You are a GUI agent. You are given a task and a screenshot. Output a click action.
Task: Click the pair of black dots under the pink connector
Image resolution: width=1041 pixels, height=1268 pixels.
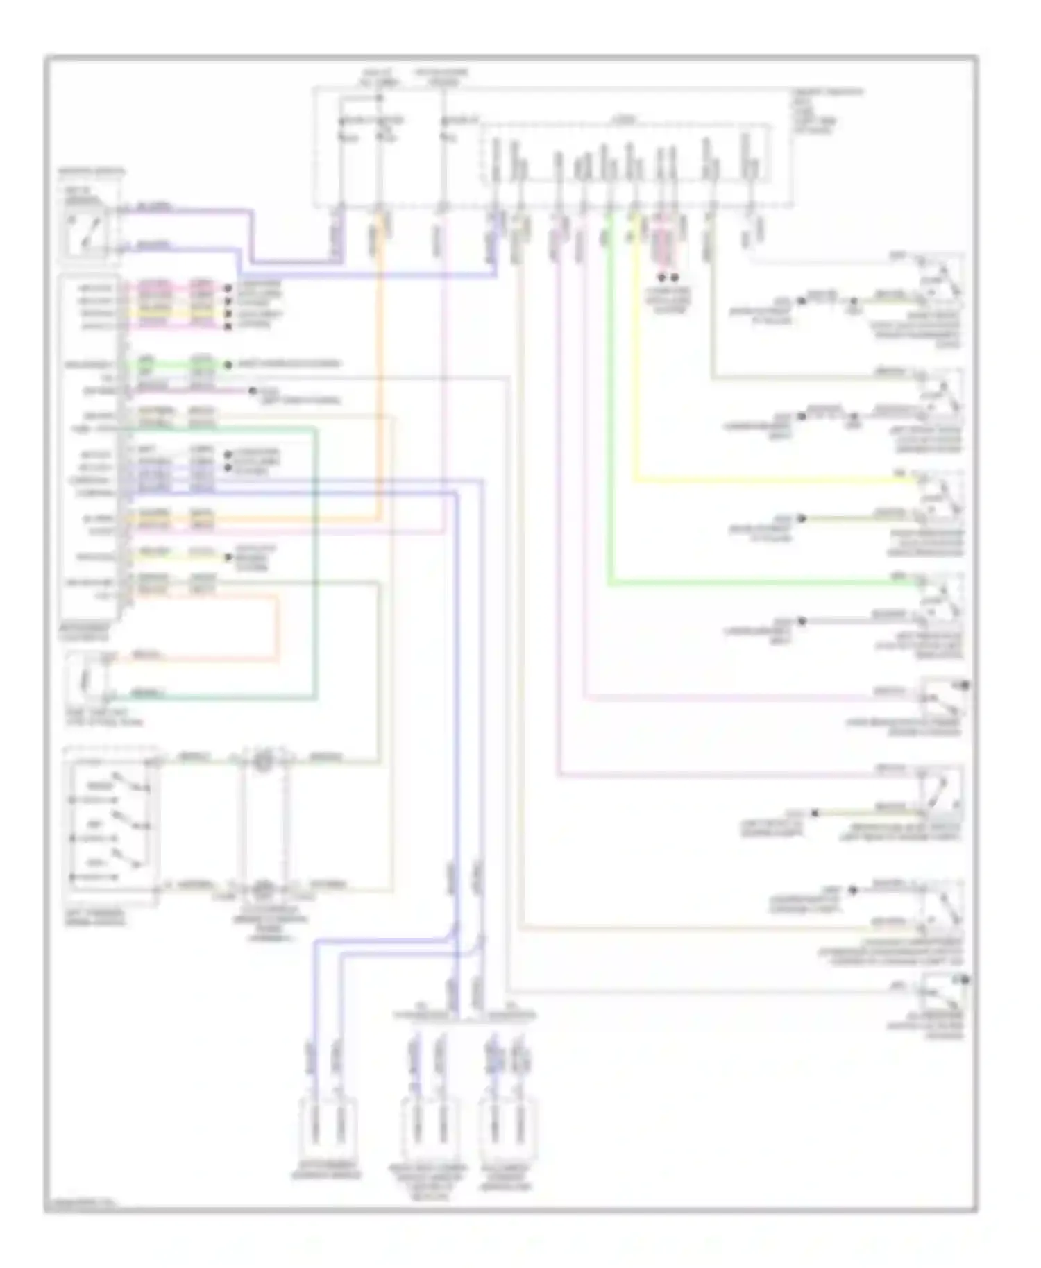667,277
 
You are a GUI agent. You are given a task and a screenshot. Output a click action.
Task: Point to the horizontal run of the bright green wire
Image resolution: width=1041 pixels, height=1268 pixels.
763,583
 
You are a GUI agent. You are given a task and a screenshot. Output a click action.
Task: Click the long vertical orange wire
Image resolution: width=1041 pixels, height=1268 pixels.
380,368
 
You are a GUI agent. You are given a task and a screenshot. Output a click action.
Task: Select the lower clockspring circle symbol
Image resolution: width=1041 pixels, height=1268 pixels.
263,888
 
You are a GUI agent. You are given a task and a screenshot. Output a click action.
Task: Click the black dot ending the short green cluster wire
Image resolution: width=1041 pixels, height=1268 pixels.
228,364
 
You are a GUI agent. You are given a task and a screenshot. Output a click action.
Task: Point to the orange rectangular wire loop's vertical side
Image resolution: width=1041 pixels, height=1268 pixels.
278,628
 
